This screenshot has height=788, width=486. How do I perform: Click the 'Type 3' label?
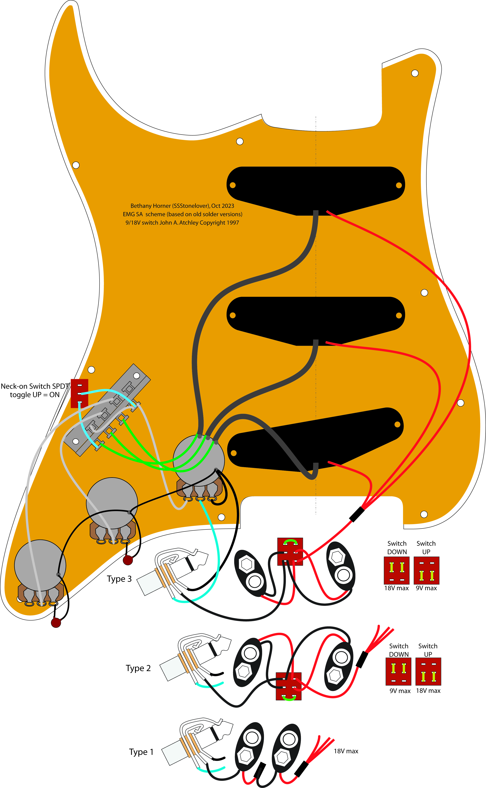[119, 579]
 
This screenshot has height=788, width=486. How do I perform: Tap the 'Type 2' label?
[138, 668]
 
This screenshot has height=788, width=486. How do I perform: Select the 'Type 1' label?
[141, 752]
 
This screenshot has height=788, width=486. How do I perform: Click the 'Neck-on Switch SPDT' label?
[35, 386]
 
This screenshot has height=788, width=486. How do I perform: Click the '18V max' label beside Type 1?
[346, 751]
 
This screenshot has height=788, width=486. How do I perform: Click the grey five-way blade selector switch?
[107, 410]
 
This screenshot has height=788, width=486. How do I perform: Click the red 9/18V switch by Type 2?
[289, 686]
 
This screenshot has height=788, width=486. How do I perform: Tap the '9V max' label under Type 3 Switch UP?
[426, 588]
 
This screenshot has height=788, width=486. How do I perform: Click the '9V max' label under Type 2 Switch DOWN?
[400, 691]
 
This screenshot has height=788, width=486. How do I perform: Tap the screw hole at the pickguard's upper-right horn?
[415, 73]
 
